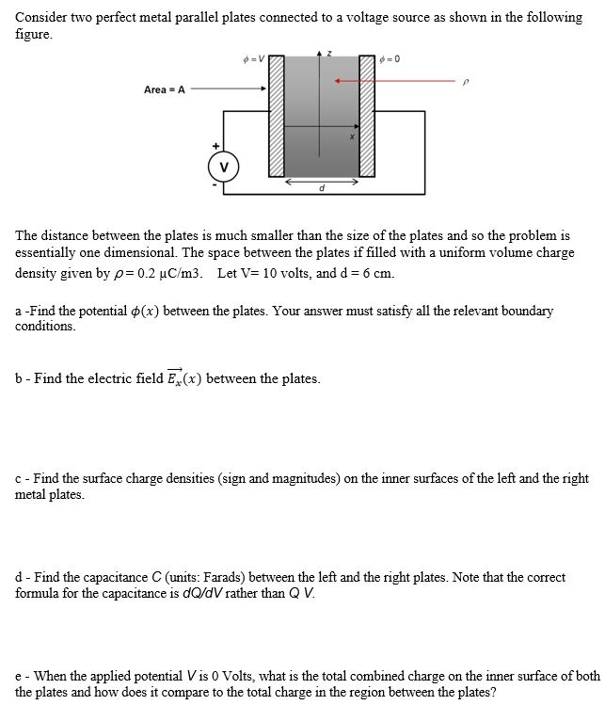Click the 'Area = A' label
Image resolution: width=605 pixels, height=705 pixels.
click(x=164, y=90)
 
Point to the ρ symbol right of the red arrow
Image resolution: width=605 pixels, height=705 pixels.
click(x=464, y=83)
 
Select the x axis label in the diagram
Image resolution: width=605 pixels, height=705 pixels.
click(x=349, y=137)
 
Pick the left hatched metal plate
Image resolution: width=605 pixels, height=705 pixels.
click(x=277, y=118)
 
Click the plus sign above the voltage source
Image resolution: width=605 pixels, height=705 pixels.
click(x=215, y=146)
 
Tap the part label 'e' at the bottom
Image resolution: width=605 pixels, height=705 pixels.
click(x=19, y=676)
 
